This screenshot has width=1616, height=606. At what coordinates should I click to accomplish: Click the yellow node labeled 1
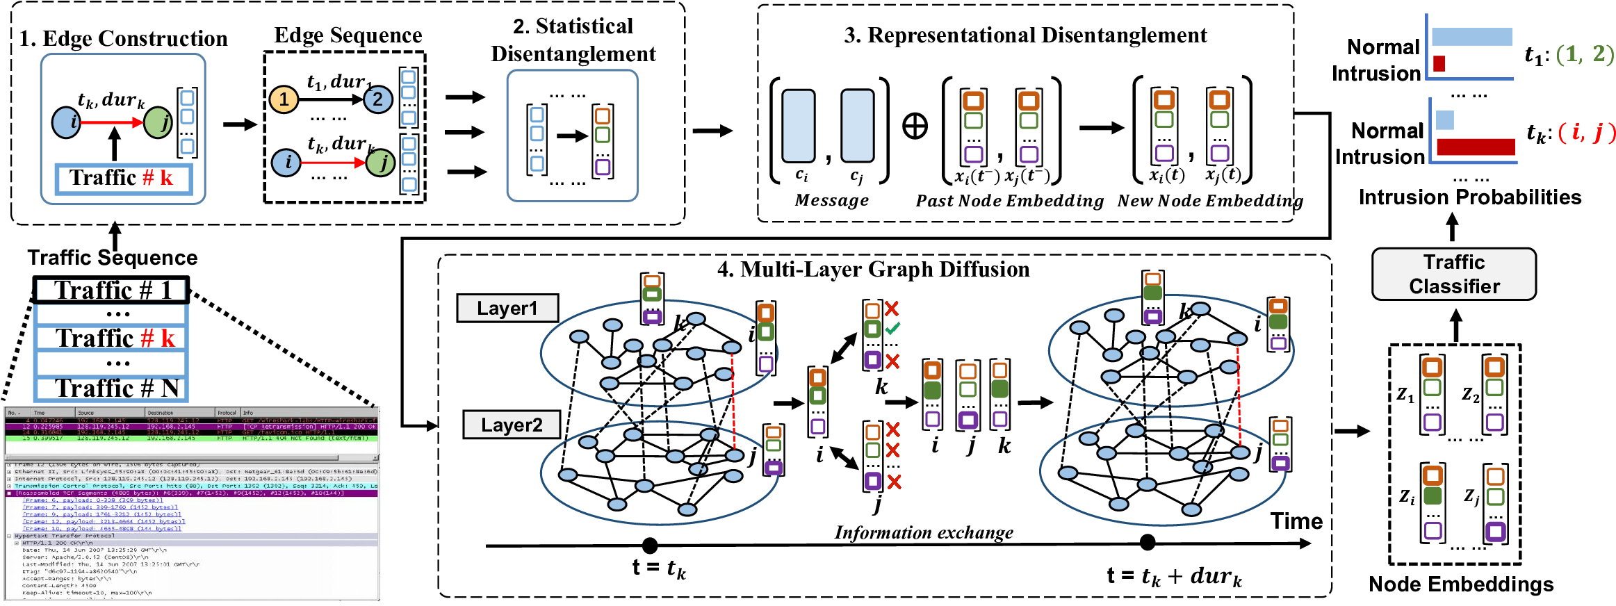coord(284,99)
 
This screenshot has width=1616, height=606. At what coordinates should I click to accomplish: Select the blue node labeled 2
coord(377,99)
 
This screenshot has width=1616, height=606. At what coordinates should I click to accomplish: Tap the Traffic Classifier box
coord(1453,275)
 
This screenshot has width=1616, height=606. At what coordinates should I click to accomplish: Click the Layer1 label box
coord(507,309)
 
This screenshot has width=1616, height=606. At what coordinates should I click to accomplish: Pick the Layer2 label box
coord(512,425)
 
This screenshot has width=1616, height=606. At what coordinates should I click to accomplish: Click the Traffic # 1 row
coord(112,290)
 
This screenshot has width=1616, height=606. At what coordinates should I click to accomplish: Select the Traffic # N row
coord(112,388)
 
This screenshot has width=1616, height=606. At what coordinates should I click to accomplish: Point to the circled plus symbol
coord(915,126)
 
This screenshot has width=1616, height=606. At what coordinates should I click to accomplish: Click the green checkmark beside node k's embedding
coord(892,327)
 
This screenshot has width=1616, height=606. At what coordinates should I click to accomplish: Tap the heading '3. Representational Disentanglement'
coord(1025,35)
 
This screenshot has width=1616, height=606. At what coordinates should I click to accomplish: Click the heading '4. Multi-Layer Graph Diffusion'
coord(873,269)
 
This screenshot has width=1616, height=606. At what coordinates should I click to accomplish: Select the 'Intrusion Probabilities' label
coord(1469,197)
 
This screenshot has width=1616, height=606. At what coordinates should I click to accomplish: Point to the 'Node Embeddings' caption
coord(1460,584)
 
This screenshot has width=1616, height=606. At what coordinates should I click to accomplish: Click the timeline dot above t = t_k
coord(650,545)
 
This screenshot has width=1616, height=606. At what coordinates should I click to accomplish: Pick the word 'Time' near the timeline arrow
coord(1296,521)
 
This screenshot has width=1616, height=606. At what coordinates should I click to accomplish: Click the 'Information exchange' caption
coord(923,532)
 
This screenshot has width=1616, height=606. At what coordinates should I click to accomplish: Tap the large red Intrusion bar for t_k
coord(1476,147)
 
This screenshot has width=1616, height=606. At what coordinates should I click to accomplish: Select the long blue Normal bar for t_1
coord(1471,37)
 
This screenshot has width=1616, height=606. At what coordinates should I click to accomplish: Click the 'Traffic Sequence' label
coord(113,258)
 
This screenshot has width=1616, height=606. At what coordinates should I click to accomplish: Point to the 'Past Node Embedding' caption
coord(1009,201)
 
